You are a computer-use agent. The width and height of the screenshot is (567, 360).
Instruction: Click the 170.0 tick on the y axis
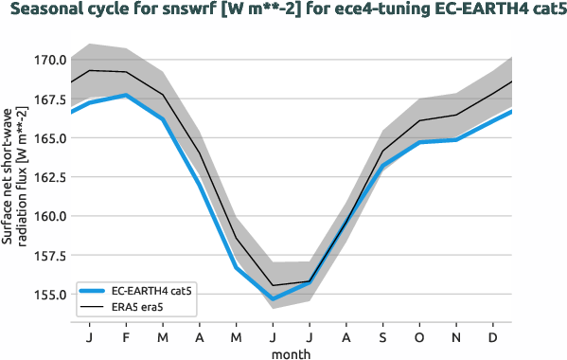pos(49,60)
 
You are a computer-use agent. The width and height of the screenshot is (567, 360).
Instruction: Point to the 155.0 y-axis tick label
pos(49,294)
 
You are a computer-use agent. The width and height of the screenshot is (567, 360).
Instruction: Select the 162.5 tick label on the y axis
pos(49,177)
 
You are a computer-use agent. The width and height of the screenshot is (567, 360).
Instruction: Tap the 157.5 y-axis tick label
pos(49,255)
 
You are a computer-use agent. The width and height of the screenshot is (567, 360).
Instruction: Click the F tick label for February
pos(127,336)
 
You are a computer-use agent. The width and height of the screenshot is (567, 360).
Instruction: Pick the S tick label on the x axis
pos(382,336)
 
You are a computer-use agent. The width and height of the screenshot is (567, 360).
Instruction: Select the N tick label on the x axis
pos(455,336)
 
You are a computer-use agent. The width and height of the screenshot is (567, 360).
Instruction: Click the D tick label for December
pos(492,336)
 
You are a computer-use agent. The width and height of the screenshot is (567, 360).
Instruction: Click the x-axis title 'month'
pos(292,352)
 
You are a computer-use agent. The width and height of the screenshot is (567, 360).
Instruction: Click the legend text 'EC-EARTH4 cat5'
pos(152,291)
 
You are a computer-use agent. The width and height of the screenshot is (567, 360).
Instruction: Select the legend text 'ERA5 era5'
pos(138,307)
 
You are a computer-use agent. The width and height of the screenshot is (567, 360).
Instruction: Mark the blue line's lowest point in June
pos(273,299)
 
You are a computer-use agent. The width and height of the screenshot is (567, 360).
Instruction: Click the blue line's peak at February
pos(127,95)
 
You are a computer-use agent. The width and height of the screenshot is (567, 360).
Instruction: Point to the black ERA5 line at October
pos(419,120)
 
